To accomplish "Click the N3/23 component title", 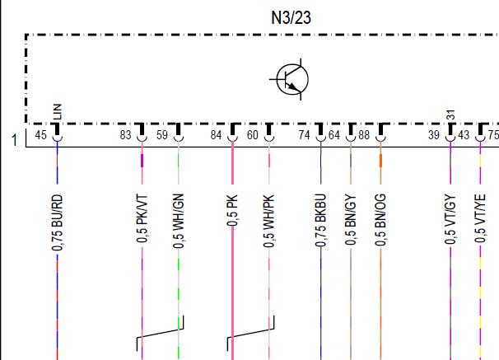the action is tap(291, 18).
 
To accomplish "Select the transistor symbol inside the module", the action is tap(291, 79).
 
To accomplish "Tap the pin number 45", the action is tap(40, 135).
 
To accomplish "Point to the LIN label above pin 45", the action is tap(58, 111).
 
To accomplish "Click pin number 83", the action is tap(126, 135).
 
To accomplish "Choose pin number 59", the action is tap(162, 135).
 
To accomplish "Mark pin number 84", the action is tap(216, 135).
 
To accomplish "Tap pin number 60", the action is tap(253, 135).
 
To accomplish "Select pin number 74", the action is tap(304, 135).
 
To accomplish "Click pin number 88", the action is tap(364, 135).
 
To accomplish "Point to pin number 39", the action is tap(434, 135).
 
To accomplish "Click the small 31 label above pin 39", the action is tap(451, 115).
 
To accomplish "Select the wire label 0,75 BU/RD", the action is tap(58, 222).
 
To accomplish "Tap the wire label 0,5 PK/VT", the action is tap(142, 218).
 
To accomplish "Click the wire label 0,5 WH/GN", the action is tap(179, 221).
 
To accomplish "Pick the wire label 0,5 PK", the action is tap(233, 211).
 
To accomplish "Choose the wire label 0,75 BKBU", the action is tap(321, 220).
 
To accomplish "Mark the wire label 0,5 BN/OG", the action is tap(380, 220).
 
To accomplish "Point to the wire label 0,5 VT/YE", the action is tap(480, 218).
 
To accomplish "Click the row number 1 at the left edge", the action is tap(14, 140).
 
